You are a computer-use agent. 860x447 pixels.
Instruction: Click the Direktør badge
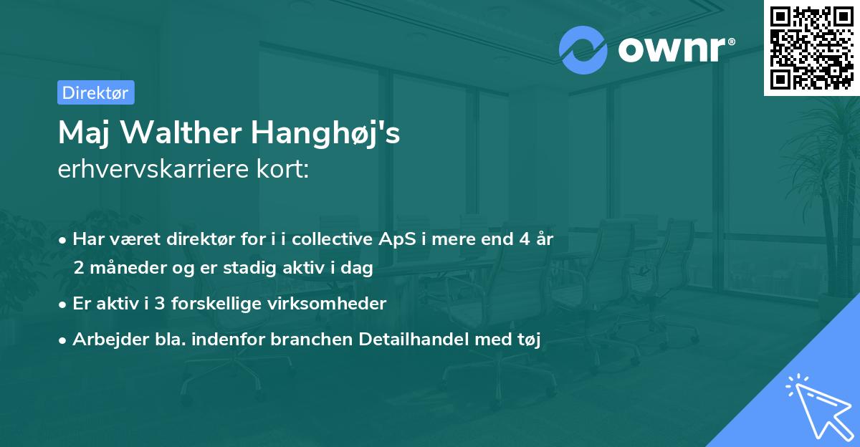(95, 92)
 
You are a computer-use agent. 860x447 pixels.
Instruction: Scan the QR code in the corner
(811, 47)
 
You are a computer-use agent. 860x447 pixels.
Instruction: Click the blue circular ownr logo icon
(583, 50)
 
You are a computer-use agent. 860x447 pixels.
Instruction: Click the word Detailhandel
(415, 340)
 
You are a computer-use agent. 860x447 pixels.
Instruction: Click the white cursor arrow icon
(815, 406)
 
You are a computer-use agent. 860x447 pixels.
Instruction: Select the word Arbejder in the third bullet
(105, 340)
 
